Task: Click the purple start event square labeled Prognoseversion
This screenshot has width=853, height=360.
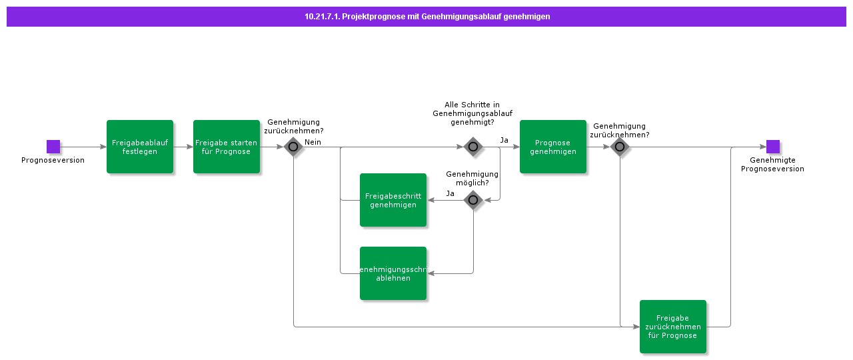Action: (x=53, y=147)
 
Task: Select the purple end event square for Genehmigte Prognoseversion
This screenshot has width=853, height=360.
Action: (x=773, y=147)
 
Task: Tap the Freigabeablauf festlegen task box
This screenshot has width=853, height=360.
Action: (x=140, y=147)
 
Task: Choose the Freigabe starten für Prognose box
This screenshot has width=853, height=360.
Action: (x=227, y=147)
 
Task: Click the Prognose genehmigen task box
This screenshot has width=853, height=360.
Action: (x=553, y=147)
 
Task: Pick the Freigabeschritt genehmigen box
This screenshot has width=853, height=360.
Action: (x=393, y=200)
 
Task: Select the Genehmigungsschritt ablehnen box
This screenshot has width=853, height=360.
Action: (x=393, y=273)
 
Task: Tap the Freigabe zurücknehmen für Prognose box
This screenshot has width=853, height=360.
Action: (x=673, y=327)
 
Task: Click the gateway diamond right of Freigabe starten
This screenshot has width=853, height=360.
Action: (x=293, y=147)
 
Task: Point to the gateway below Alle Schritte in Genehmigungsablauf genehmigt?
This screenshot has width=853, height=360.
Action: (x=473, y=147)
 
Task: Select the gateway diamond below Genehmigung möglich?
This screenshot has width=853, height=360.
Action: (x=473, y=200)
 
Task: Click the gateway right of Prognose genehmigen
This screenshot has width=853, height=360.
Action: (x=620, y=147)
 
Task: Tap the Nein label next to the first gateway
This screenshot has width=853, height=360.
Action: (x=313, y=142)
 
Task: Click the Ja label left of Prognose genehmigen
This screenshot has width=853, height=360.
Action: (x=504, y=140)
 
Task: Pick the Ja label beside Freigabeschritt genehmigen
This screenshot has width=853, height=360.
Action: (x=450, y=193)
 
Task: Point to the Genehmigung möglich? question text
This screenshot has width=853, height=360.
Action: (x=472, y=178)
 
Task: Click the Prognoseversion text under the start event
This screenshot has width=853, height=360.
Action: (x=53, y=160)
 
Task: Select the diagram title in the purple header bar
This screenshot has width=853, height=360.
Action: (x=426, y=17)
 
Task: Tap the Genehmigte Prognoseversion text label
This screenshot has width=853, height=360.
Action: (x=772, y=165)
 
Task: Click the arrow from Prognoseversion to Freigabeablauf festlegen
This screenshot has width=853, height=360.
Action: (x=83, y=147)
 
